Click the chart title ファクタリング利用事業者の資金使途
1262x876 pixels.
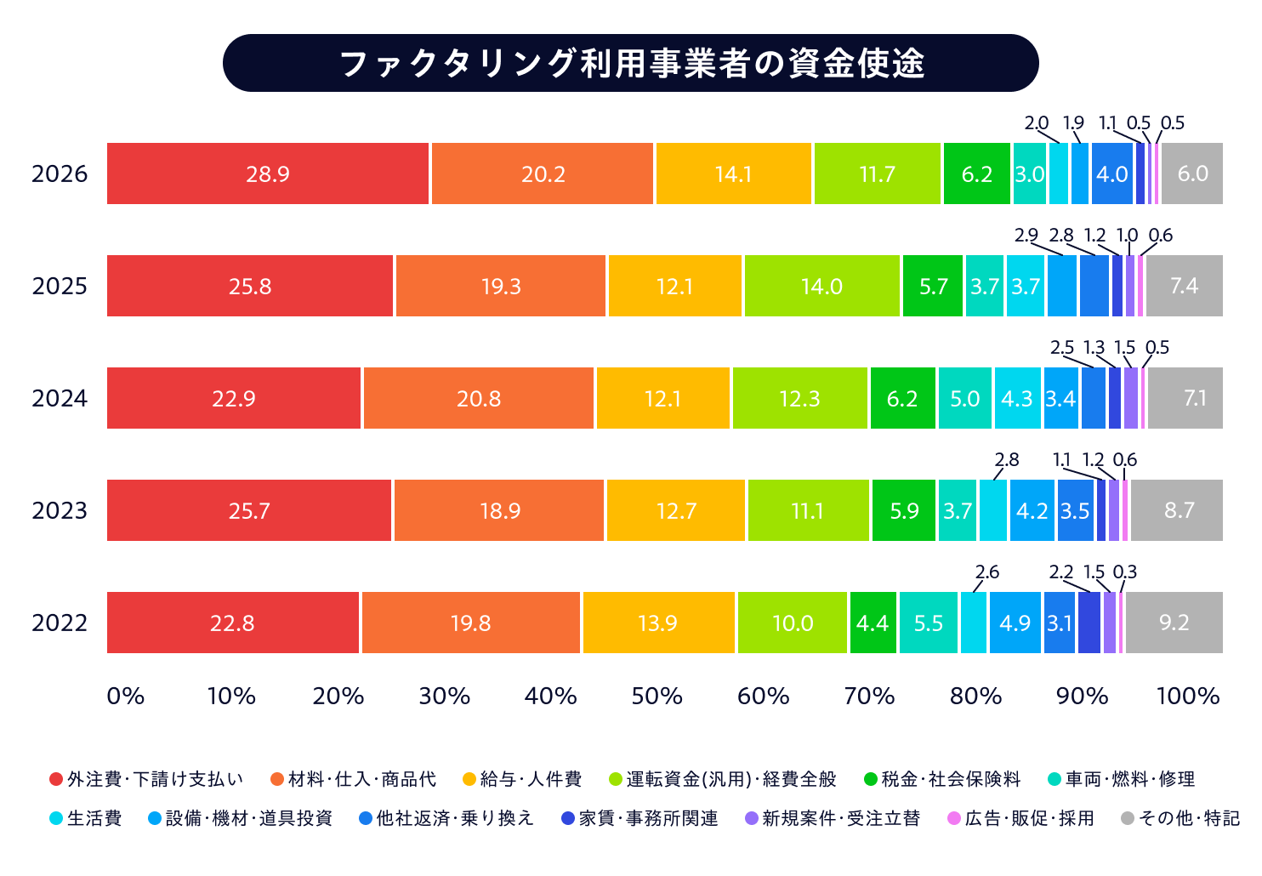(x=632, y=63)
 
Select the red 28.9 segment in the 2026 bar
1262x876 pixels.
(x=268, y=173)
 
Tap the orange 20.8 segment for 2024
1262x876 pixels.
(x=478, y=398)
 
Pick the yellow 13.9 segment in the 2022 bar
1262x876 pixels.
(x=658, y=623)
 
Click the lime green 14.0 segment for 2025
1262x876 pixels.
(x=822, y=286)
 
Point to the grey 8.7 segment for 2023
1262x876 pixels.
(x=1176, y=510)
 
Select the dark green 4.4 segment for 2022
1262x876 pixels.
(x=873, y=623)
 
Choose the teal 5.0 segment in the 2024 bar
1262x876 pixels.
(x=964, y=398)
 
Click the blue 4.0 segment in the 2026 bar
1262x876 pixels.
(x=1111, y=173)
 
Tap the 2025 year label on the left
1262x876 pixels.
(x=60, y=286)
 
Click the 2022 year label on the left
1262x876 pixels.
(x=60, y=623)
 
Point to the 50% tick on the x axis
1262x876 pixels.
(x=657, y=697)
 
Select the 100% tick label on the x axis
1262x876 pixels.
(x=1188, y=697)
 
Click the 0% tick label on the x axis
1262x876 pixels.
(x=126, y=697)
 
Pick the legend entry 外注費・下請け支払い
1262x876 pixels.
(x=146, y=779)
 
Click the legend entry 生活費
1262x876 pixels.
(x=86, y=818)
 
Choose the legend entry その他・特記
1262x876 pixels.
(x=1180, y=818)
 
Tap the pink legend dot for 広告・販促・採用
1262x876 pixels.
(x=954, y=818)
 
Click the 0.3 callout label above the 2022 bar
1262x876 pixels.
(x=1124, y=572)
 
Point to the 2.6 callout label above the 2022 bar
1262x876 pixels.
(x=987, y=572)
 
